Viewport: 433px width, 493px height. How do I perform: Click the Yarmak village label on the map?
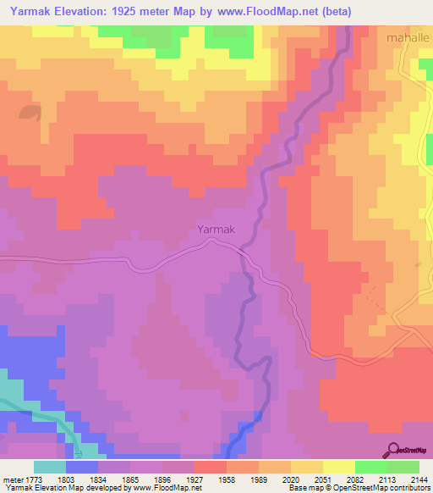(x=215, y=229)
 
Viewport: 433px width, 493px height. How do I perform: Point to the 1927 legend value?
(x=194, y=479)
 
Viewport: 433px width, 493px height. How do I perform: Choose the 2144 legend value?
(x=418, y=479)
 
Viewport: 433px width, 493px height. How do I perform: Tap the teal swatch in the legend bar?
(x=49, y=467)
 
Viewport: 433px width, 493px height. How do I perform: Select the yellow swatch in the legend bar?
(x=338, y=467)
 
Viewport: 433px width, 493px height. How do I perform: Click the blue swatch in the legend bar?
(x=81, y=467)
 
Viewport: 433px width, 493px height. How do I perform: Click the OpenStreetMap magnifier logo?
(x=392, y=450)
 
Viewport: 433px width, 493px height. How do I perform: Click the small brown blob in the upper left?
(x=30, y=111)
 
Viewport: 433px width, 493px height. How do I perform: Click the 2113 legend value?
(x=386, y=479)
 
